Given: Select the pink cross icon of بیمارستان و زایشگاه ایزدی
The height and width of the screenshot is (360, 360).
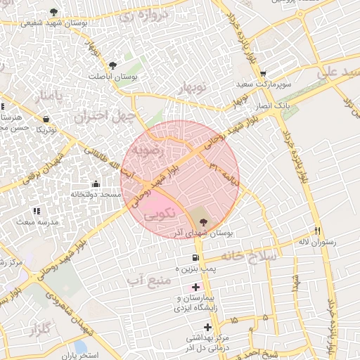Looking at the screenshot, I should coord(195,287).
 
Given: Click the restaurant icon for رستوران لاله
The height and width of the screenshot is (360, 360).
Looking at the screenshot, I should coord(318,231).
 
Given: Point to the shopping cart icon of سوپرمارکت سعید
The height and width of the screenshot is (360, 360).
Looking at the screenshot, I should coord(263,74).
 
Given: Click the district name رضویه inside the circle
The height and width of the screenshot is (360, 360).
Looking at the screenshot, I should coord(153,150).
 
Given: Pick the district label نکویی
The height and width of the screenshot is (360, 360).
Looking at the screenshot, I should coord(157,217).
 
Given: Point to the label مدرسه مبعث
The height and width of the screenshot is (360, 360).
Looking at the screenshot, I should coord(35,221).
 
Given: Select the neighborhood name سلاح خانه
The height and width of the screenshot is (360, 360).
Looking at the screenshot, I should coord(250,256).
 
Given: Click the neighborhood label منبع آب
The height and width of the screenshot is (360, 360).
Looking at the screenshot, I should coord(150,281).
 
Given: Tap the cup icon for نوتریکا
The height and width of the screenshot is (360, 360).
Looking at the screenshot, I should coord(46,120).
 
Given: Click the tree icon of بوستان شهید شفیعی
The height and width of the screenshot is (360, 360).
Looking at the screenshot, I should coord(55,12).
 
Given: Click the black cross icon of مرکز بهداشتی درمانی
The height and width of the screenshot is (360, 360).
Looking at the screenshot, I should coord(207,327).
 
